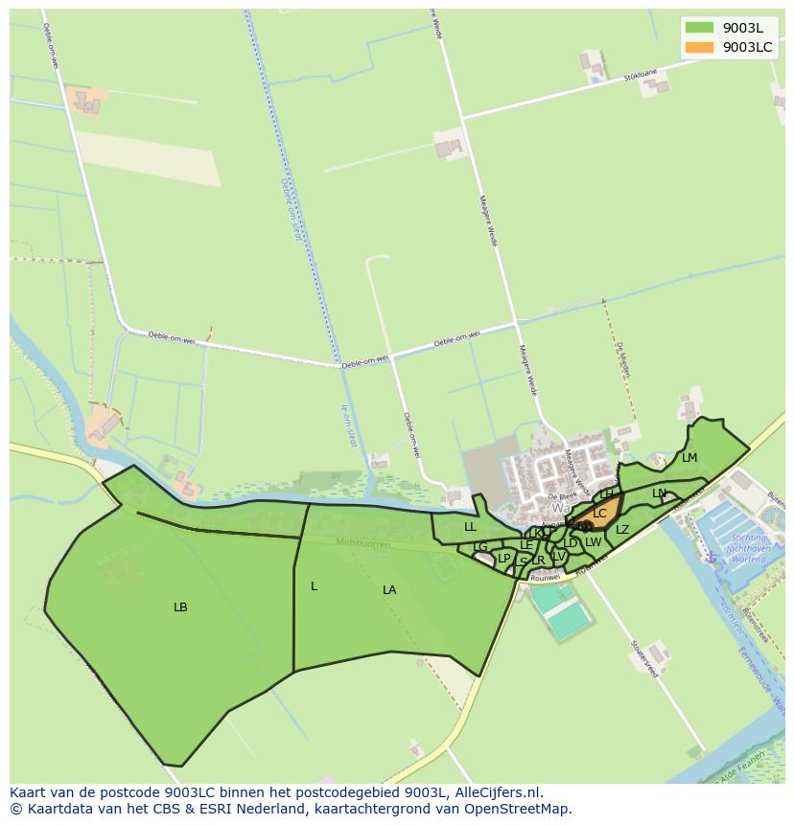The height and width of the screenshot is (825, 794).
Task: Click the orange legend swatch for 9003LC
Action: [700, 47]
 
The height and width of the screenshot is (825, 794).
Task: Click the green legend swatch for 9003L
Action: [700, 28]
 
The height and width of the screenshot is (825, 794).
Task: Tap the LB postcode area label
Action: [180, 607]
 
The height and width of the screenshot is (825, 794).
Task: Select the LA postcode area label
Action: [389, 590]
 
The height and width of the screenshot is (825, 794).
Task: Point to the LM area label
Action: [689, 458]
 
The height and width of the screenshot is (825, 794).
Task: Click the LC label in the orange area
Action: [599, 514]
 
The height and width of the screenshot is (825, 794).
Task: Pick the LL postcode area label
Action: [470, 527]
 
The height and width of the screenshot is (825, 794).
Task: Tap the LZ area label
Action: [622, 530]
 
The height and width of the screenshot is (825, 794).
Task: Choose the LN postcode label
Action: [659, 493]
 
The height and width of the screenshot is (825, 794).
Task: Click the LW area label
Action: [594, 542]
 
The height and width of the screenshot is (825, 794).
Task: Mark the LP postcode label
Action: [504, 559]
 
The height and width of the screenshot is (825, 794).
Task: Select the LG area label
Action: [480, 547]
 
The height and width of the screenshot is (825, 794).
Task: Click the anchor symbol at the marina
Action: [711, 557]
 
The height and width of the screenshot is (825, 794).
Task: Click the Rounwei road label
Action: [545, 578]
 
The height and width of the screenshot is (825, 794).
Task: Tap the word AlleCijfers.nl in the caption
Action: [499, 792]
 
